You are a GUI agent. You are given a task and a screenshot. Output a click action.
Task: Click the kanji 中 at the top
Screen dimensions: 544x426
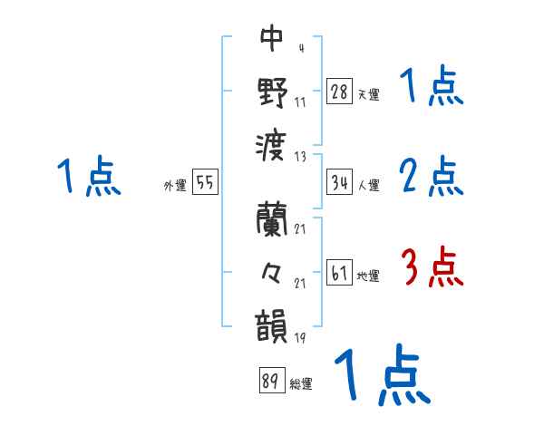click(272, 39)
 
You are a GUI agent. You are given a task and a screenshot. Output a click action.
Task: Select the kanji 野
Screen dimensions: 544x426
click(272, 91)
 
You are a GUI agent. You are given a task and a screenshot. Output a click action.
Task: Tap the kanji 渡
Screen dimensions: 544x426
click(272, 143)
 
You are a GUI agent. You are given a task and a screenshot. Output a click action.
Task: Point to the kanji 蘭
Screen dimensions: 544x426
click(272, 218)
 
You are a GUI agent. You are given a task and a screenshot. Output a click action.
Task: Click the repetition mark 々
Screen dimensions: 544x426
click(272, 272)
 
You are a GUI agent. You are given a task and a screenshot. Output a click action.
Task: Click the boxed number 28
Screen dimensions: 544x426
click(338, 92)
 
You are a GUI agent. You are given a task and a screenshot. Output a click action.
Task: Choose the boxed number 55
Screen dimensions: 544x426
click(205, 183)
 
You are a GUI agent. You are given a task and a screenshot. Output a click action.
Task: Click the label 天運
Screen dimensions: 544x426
click(368, 94)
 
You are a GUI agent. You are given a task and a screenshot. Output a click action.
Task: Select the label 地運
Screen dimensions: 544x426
click(368, 276)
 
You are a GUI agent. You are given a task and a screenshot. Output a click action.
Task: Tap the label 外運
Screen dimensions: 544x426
click(175, 185)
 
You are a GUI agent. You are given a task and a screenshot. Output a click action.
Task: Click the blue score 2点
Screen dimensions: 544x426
click(432, 176)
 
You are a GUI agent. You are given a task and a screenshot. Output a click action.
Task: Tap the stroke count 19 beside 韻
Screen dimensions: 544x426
click(299, 338)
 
